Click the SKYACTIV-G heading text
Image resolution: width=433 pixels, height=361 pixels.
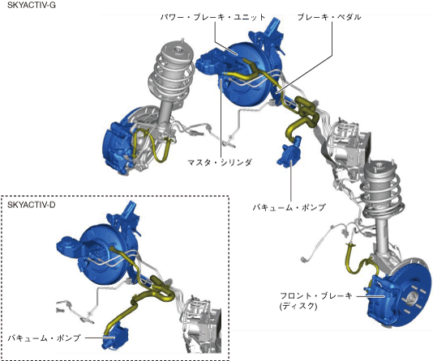tap(31, 5)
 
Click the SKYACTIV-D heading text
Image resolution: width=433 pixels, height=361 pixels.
tap(31, 205)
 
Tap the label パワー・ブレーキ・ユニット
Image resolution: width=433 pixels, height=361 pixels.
tap(212, 17)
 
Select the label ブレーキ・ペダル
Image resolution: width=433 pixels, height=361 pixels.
tap(329, 17)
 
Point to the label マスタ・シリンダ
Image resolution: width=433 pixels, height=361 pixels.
tap(219, 163)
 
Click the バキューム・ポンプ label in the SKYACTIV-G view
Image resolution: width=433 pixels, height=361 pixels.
tap(289, 207)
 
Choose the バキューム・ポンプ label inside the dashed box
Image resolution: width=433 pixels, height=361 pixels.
tap(44, 338)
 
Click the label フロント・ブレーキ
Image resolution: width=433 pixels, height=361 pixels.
tap(316, 296)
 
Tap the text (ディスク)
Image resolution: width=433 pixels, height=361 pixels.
tap(298, 306)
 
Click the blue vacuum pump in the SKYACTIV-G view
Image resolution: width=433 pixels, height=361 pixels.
tap(289, 152)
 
